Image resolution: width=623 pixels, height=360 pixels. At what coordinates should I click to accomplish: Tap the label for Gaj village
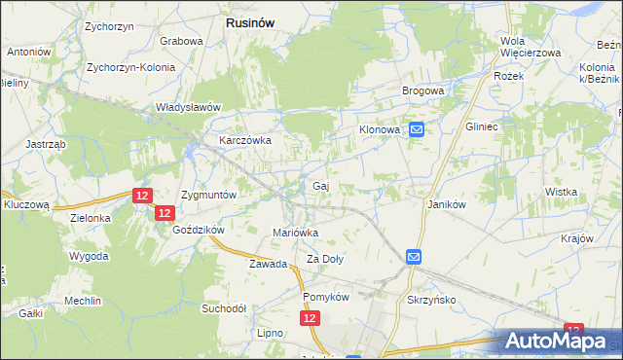(x=319, y=185)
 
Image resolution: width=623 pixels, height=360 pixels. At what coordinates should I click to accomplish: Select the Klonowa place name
(x=381, y=128)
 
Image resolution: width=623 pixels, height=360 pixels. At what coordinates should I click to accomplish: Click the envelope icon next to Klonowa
(x=417, y=128)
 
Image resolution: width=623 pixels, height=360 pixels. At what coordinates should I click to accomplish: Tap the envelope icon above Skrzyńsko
(x=413, y=257)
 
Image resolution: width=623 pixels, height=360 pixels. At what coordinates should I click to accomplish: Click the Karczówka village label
(x=244, y=140)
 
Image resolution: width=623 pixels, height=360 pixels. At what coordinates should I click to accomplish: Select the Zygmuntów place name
(x=209, y=195)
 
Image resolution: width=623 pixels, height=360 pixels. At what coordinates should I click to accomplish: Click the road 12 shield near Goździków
(x=164, y=213)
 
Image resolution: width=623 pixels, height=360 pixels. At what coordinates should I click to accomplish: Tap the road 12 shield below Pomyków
(x=310, y=317)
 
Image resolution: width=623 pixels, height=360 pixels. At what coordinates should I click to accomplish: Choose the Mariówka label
(x=295, y=233)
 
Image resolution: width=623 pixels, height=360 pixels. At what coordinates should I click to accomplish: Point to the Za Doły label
(x=326, y=259)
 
